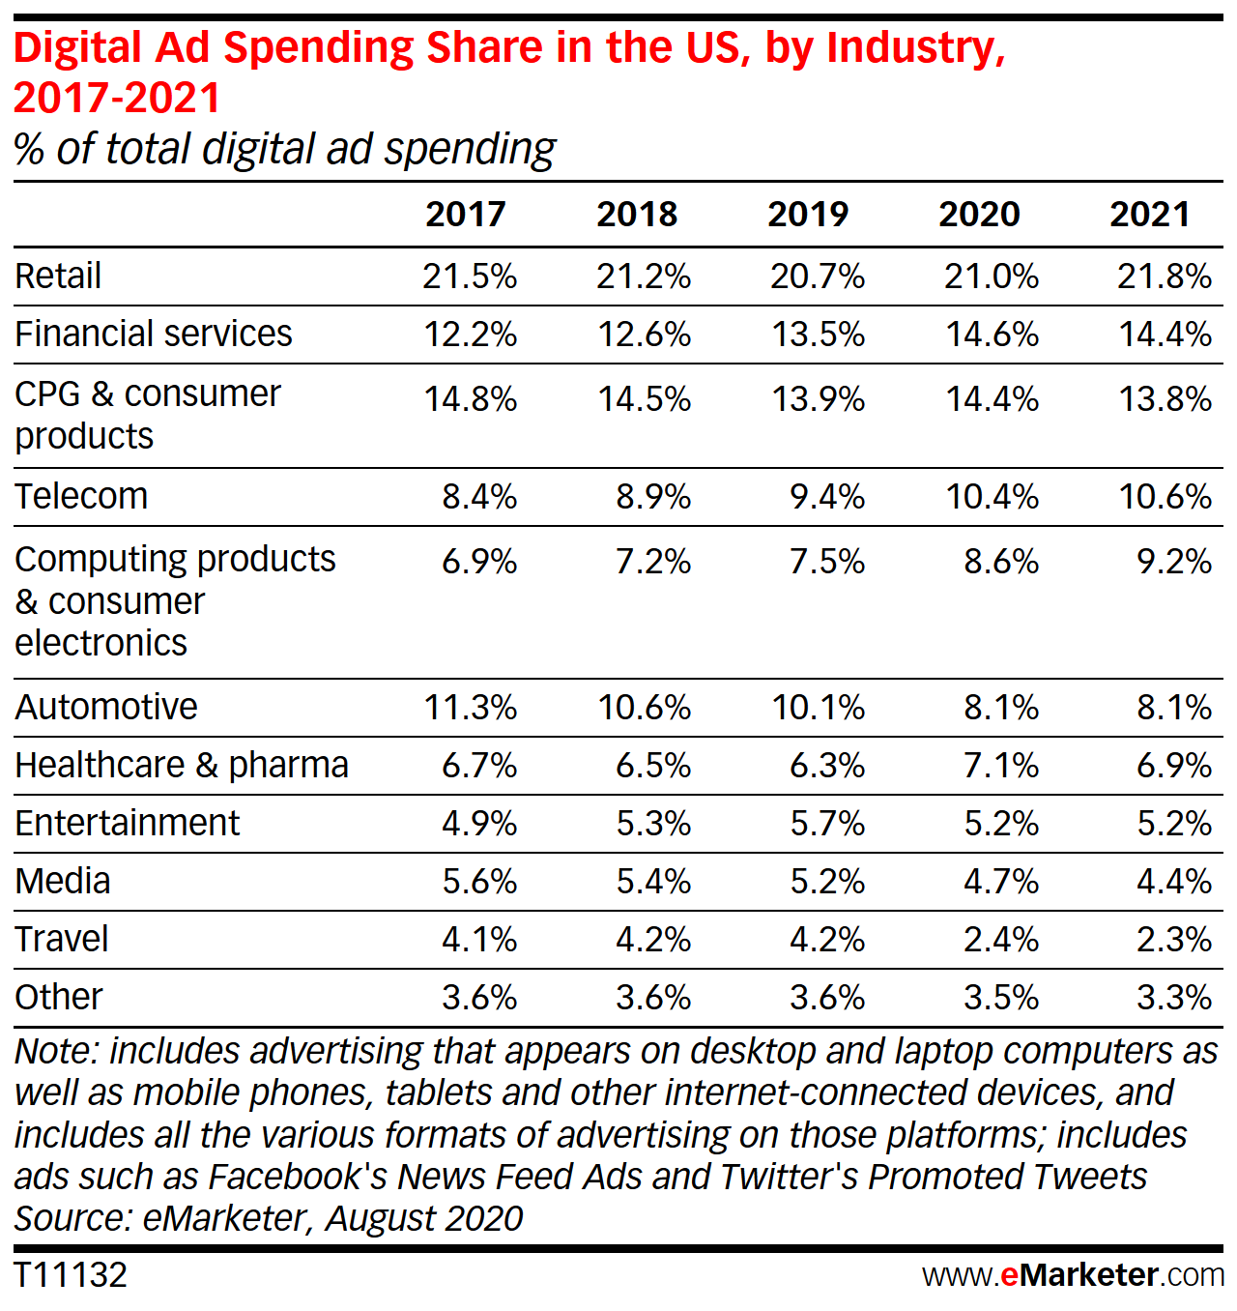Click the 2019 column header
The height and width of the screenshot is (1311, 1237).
(x=808, y=215)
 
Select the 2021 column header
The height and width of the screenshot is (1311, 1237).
(x=1149, y=215)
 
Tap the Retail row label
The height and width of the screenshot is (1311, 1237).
(x=58, y=277)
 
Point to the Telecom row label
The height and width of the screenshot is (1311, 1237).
(x=81, y=497)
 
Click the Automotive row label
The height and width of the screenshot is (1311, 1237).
(x=106, y=708)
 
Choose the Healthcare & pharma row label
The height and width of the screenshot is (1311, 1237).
(x=182, y=766)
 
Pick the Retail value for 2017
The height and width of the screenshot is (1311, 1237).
(x=470, y=277)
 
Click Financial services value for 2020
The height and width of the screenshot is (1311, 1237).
(x=992, y=335)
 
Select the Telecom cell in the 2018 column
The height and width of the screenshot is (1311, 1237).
(x=653, y=497)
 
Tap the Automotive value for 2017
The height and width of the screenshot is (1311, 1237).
(x=471, y=708)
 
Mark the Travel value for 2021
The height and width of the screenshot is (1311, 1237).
(x=1174, y=940)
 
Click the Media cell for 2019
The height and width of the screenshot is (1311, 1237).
(x=827, y=882)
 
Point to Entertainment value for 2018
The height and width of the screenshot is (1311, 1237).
(x=653, y=824)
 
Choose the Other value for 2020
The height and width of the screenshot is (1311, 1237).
(x=1001, y=998)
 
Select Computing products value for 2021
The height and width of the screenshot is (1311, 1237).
(x=1174, y=562)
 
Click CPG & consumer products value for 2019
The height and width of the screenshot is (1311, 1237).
(x=818, y=399)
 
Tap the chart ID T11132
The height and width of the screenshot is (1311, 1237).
(x=71, y=1275)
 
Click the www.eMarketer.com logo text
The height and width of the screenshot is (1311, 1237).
(x=1073, y=1275)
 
